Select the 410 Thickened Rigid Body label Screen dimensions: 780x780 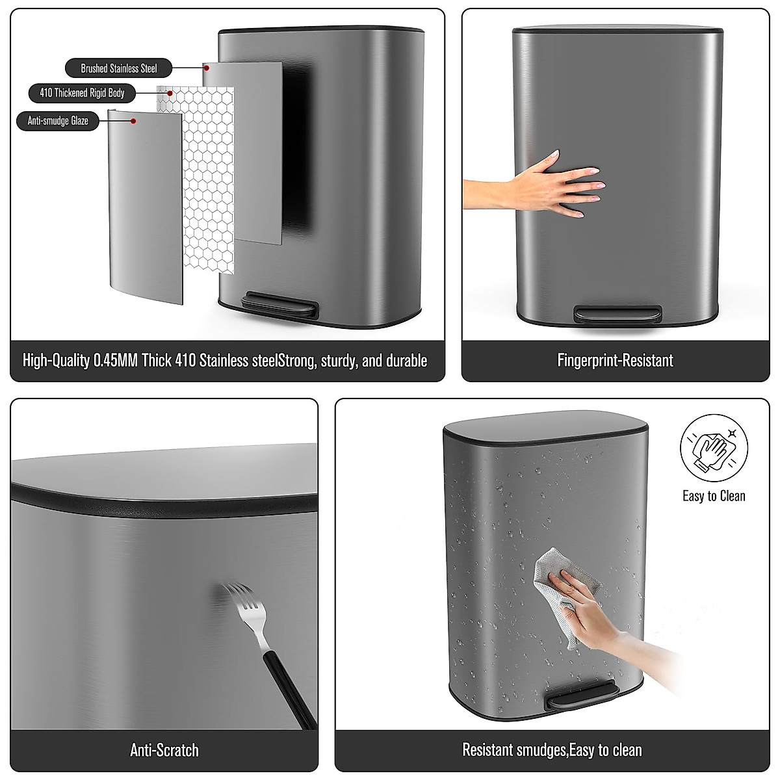point(82,93)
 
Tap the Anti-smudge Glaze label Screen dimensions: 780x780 point(58,121)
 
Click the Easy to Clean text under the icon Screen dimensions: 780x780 point(714,496)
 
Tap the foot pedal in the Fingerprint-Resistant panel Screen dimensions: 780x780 point(614,313)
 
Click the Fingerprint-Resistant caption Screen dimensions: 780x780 point(615,361)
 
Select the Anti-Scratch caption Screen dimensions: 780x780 point(164,749)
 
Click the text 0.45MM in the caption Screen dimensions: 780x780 point(115,361)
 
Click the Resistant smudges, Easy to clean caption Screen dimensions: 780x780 point(552,749)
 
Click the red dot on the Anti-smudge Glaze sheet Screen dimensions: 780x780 point(133,121)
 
